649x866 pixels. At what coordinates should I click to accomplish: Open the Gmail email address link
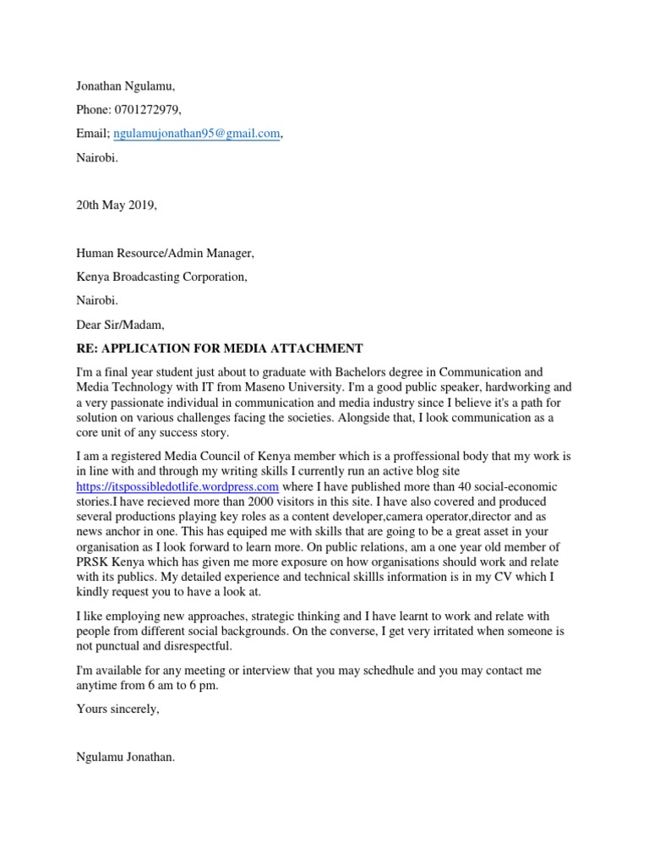pyautogui.click(x=195, y=134)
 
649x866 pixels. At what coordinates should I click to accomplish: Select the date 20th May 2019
pyautogui.click(x=116, y=206)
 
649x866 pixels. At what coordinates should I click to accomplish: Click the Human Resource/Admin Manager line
pyautogui.click(x=165, y=253)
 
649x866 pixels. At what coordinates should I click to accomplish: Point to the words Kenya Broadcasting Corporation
pyautogui.click(x=161, y=277)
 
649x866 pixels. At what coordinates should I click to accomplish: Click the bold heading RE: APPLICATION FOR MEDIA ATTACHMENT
pyautogui.click(x=219, y=348)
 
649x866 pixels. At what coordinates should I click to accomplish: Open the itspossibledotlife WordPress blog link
pyautogui.click(x=177, y=488)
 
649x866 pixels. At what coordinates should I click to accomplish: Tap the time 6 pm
pyautogui.click(x=204, y=686)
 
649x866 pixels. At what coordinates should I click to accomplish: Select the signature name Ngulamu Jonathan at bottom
pyautogui.click(x=126, y=758)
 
